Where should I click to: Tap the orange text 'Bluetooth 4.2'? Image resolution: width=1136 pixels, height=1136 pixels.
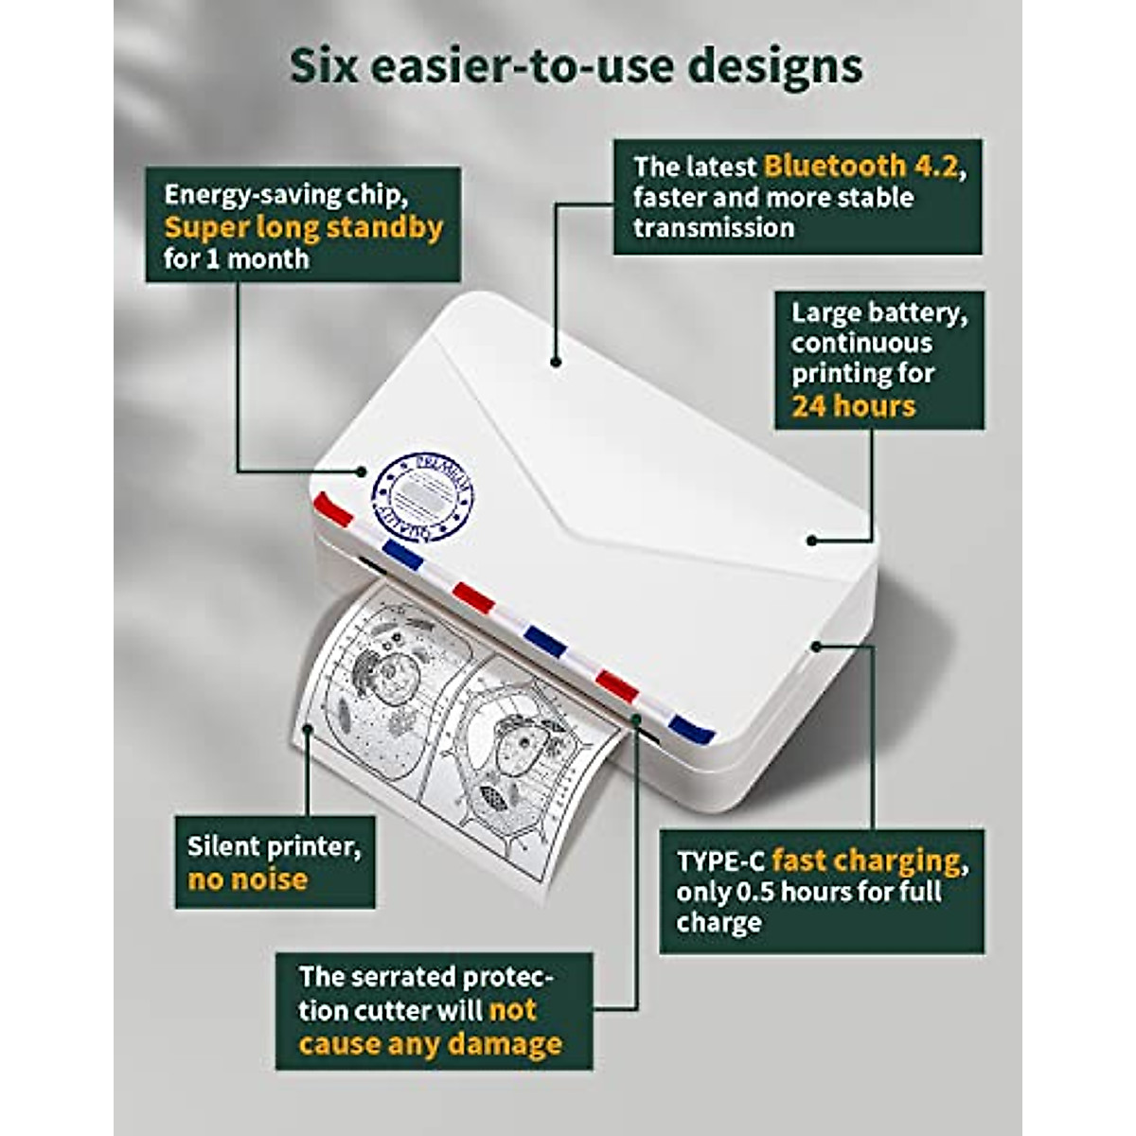[x=862, y=167]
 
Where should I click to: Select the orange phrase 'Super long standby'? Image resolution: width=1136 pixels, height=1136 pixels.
[x=303, y=227]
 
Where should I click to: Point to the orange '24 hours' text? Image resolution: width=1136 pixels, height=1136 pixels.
[x=853, y=406]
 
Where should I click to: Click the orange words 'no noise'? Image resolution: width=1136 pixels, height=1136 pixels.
[x=247, y=879]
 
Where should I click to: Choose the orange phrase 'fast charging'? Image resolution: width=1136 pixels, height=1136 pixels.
[x=865, y=861]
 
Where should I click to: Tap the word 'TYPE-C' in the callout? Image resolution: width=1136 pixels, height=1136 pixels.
[x=719, y=861]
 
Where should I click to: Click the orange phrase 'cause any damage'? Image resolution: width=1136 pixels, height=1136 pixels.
[x=430, y=1044]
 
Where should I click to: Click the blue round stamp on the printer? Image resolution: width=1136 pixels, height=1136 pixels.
[x=423, y=497]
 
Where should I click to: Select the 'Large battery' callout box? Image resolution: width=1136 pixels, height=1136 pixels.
[x=879, y=360]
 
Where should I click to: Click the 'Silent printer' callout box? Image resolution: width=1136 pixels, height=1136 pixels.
[x=275, y=861]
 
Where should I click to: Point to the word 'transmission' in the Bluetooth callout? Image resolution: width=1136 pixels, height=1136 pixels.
[x=714, y=228]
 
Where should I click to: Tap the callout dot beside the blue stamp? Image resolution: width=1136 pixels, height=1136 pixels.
[x=360, y=470]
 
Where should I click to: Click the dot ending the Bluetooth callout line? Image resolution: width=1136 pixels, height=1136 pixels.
[x=556, y=361]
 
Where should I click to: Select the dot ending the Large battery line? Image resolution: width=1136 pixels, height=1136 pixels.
[x=811, y=541]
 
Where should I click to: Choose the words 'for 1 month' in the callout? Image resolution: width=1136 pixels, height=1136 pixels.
[x=236, y=259]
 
